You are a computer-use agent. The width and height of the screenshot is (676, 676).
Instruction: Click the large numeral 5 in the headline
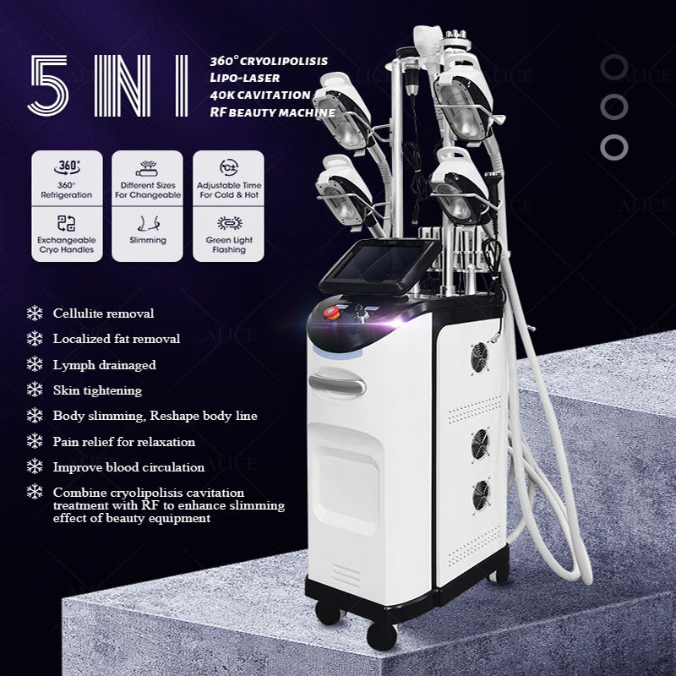[48, 85]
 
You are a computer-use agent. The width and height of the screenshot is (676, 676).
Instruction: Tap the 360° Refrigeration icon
[67, 167]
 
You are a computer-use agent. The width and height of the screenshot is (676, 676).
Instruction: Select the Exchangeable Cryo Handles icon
[67, 223]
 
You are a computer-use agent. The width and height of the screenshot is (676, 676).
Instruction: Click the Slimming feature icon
[149, 224]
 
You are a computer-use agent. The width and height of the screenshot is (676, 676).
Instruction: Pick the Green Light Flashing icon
[229, 223]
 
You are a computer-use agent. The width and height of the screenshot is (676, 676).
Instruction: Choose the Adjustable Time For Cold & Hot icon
[229, 167]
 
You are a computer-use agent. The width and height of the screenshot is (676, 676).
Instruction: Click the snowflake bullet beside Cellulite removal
[35, 313]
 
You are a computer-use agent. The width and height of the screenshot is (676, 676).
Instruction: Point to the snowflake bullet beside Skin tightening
[35, 390]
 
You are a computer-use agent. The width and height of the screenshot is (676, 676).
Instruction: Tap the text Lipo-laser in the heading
[245, 78]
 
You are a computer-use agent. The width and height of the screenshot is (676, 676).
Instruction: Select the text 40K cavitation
[260, 95]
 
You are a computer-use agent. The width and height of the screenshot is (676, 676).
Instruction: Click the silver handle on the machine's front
[337, 384]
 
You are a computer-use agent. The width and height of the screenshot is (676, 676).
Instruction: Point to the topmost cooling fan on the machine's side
[479, 357]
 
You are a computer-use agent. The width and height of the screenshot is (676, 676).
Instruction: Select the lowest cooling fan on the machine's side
[481, 495]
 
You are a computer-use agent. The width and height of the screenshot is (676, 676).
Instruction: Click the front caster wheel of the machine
[382, 635]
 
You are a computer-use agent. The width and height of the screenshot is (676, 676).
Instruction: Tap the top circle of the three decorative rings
[614, 68]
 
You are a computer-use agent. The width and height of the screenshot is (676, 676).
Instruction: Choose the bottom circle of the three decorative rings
[614, 147]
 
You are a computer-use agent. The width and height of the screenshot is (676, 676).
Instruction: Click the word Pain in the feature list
[66, 441]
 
